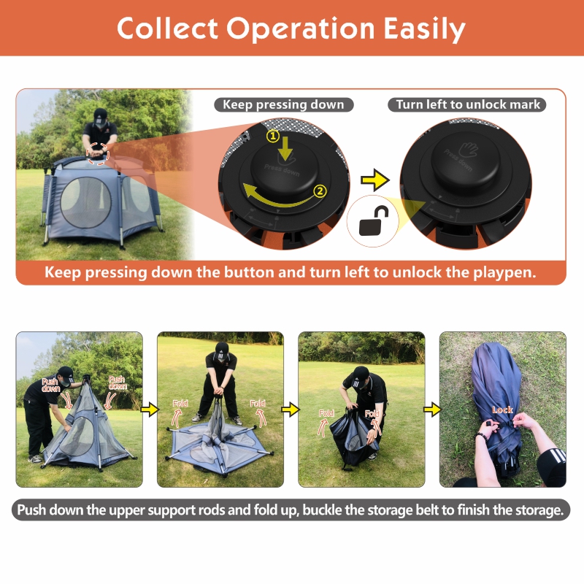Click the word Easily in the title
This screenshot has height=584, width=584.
[x=425, y=29]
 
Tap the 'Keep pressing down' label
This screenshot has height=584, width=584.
[x=283, y=104]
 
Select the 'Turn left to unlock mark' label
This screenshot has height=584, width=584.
[x=467, y=104]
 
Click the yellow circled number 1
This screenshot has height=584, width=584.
[x=273, y=136]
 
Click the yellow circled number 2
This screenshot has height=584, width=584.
[x=320, y=191]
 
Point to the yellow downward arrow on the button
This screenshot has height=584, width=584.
[x=285, y=150]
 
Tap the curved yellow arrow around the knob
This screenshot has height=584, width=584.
[x=277, y=196]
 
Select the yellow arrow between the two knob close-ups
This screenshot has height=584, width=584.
[x=375, y=180]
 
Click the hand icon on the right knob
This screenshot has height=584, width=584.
[x=468, y=150]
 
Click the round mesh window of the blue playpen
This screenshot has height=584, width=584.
[x=85, y=202]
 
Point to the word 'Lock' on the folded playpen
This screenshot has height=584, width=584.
[x=502, y=410]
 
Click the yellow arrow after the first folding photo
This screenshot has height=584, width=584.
[x=150, y=410]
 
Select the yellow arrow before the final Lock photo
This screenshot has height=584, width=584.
[x=432, y=410]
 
